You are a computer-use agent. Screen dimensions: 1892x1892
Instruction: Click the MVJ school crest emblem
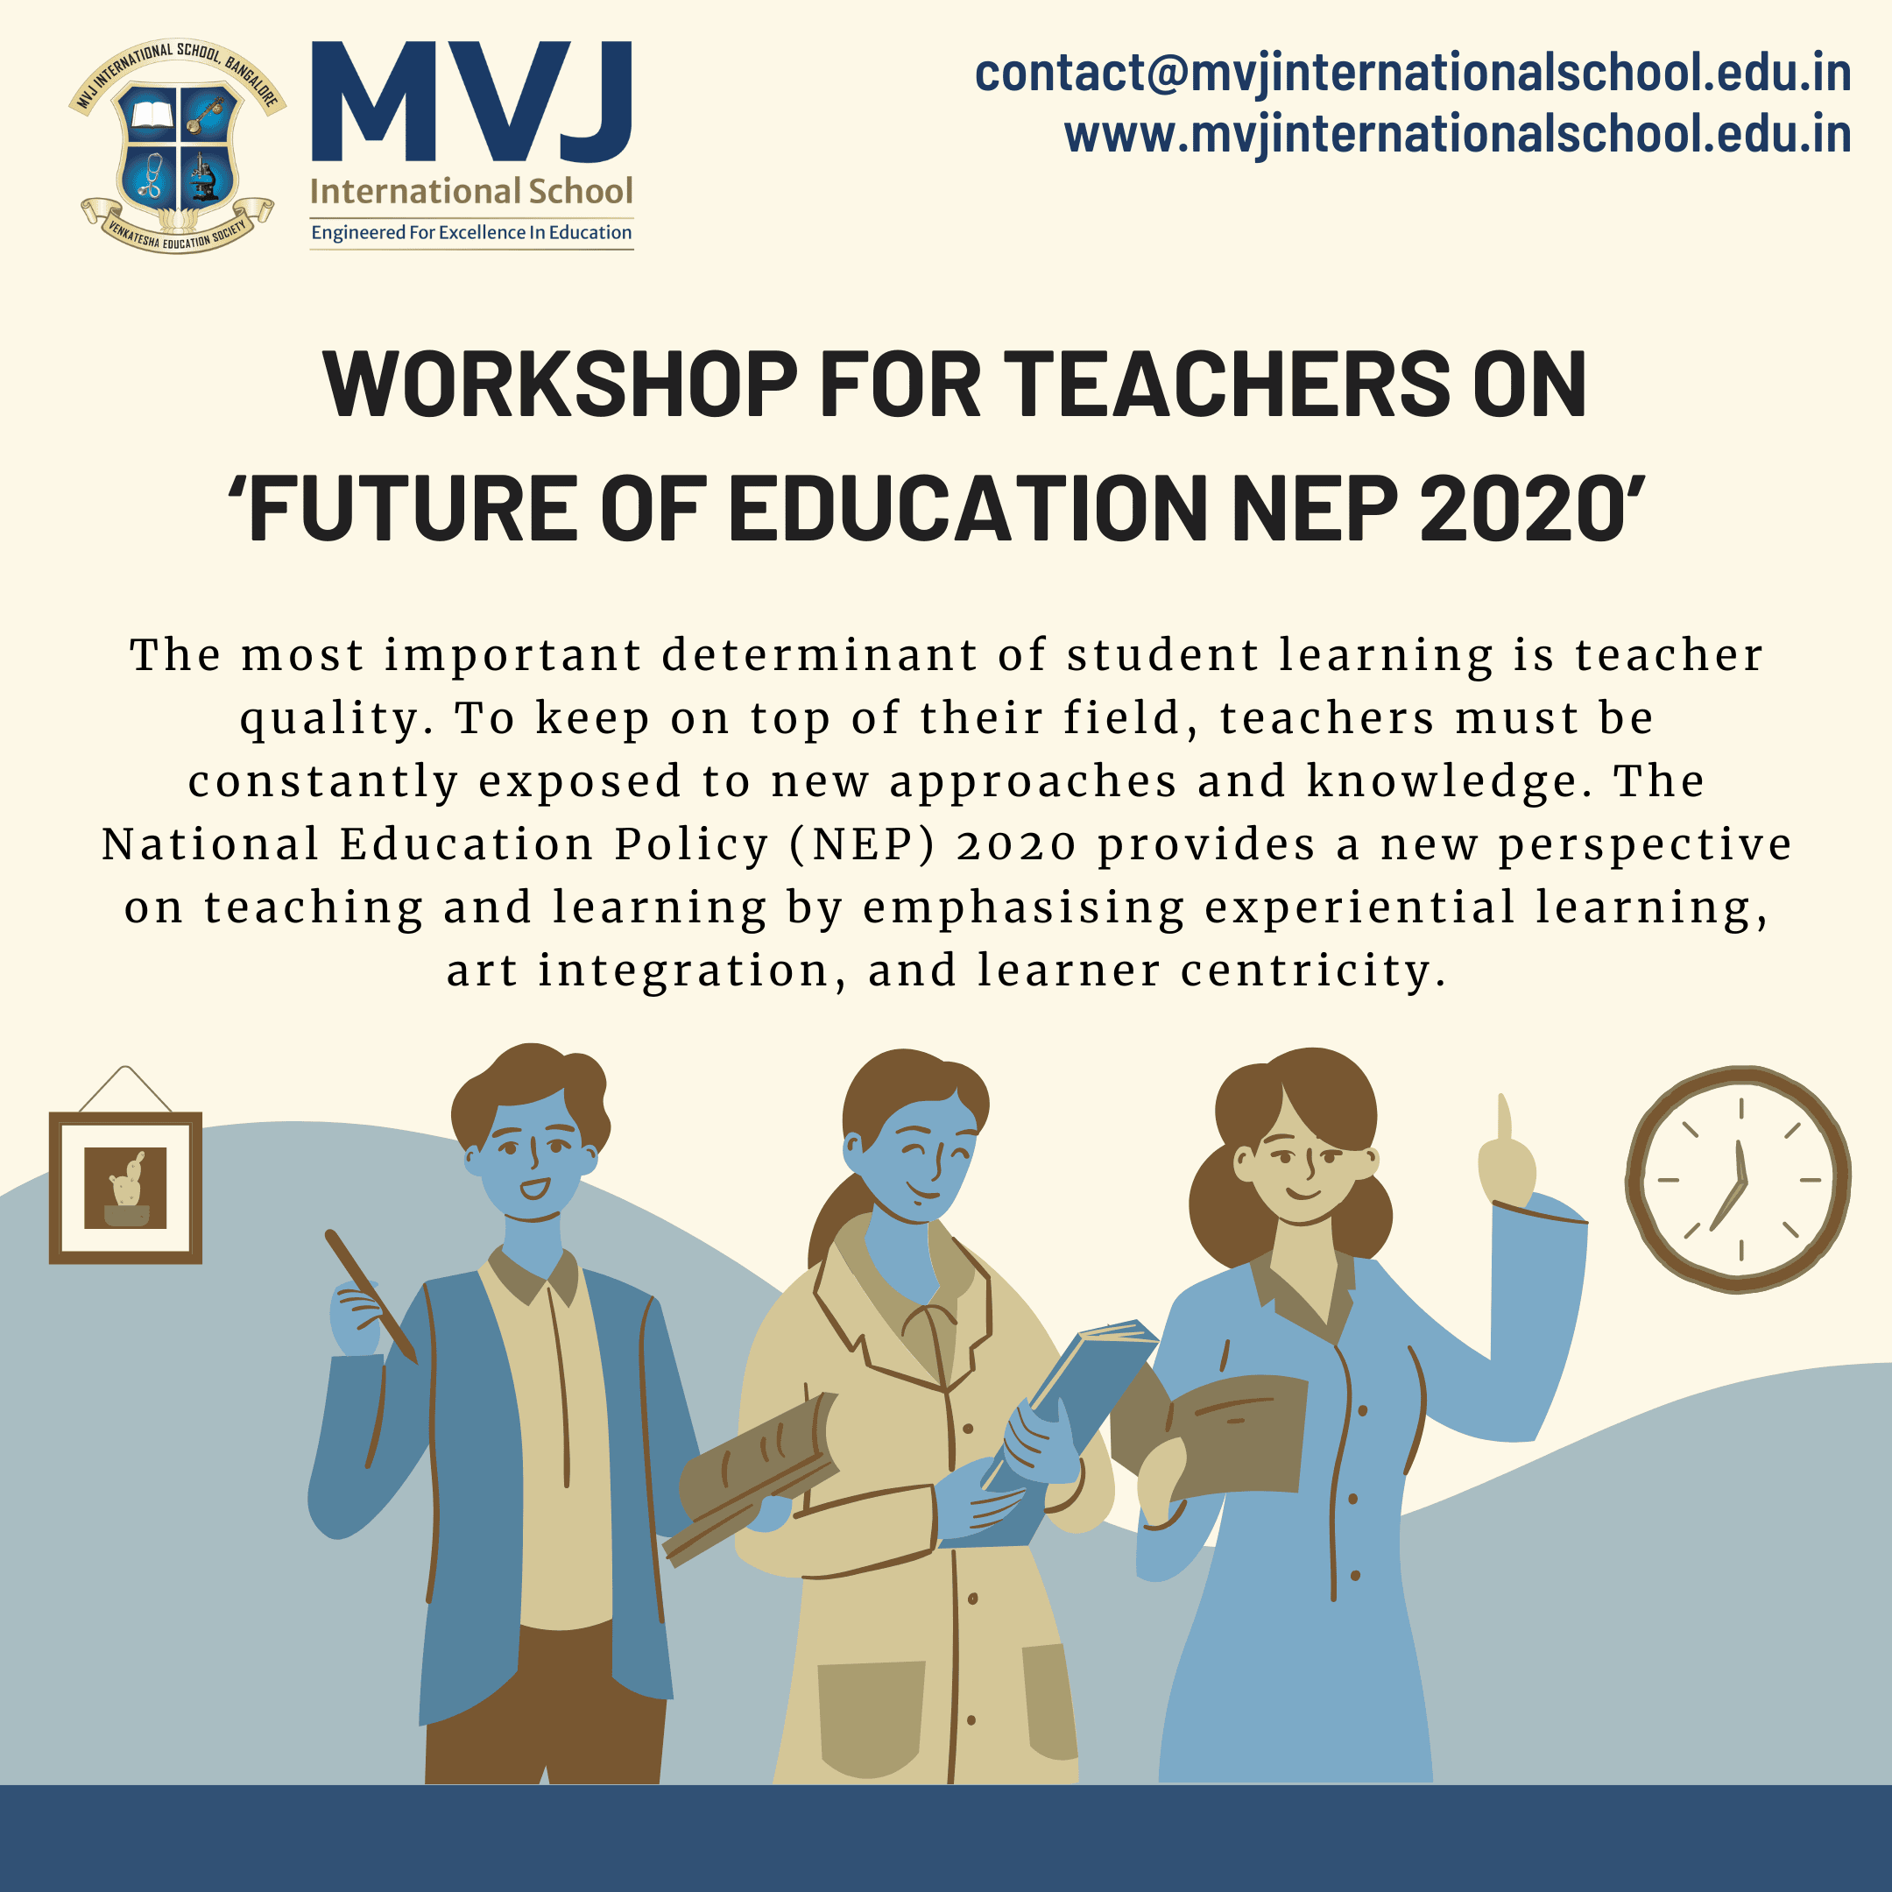[x=177, y=147]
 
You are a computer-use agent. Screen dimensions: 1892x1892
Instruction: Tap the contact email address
[x=1412, y=74]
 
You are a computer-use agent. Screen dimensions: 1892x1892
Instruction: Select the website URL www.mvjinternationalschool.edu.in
[x=1458, y=134]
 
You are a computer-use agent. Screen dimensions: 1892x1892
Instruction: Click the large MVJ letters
[x=472, y=102]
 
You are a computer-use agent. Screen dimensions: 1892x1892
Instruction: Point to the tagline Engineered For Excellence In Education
[x=471, y=232]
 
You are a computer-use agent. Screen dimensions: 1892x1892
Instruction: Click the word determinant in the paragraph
[x=819, y=655]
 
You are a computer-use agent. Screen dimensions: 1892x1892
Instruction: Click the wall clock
[x=1738, y=1179]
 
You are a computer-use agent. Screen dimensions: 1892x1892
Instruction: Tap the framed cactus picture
[x=125, y=1187]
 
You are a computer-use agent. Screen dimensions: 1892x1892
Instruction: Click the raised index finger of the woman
[x=1504, y=1120]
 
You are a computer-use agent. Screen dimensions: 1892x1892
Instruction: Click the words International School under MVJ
[x=471, y=191]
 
